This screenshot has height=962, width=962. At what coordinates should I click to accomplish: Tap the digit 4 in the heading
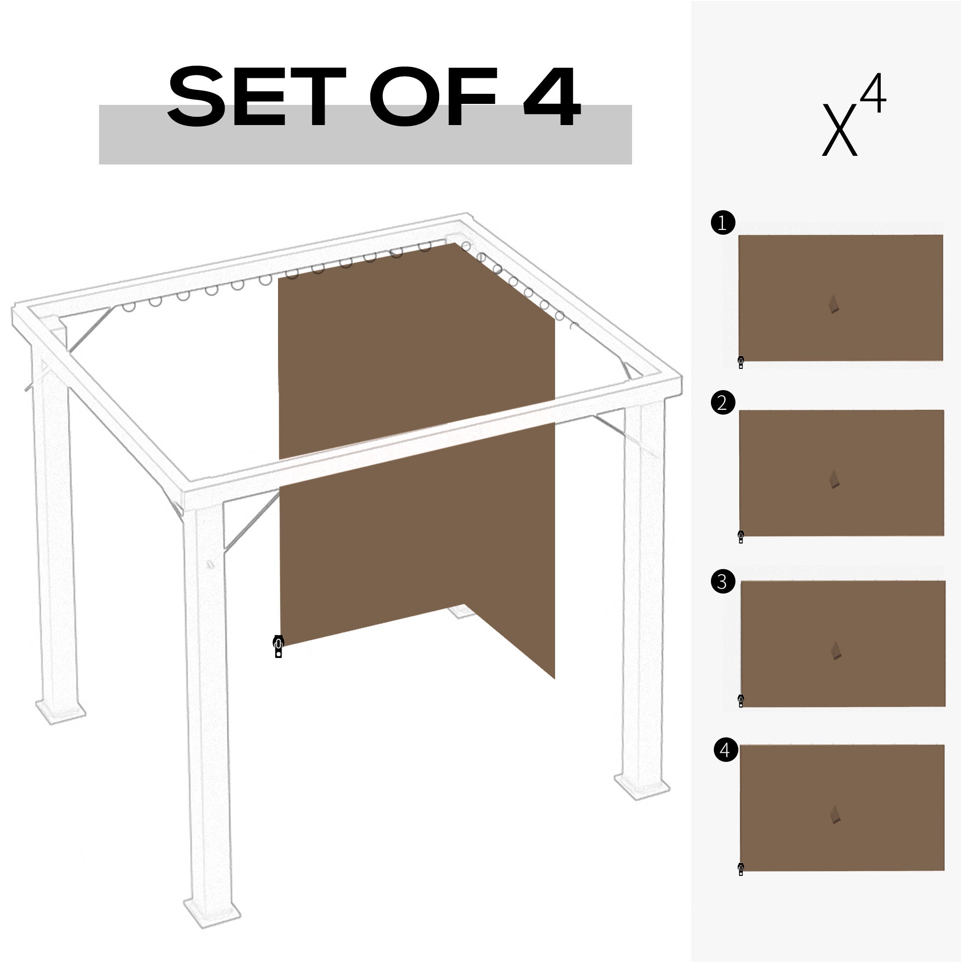[552, 97]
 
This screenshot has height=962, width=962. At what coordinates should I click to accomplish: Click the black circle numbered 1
[722, 223]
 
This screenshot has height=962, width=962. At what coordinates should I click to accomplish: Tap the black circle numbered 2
[723, 402]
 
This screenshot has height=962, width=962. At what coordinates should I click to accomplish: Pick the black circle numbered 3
[723, 581]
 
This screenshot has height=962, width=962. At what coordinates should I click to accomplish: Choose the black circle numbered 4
[725, 750]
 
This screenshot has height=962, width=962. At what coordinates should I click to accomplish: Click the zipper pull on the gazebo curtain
[278, 646]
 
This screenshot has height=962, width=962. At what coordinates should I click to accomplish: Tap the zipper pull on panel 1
[741, 362]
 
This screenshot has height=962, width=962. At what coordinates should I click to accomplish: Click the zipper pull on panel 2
[741, 537]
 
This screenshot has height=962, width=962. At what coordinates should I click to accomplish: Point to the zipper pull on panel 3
[741, 701]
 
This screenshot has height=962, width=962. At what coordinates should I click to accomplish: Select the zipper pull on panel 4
[741, 869]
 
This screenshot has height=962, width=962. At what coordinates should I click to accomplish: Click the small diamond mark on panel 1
[834, 304]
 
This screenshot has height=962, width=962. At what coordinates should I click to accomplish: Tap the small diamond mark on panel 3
[835, 651]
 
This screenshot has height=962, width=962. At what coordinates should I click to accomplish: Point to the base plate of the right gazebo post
[642, 787]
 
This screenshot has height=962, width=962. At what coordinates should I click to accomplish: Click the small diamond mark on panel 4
[835, 815]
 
